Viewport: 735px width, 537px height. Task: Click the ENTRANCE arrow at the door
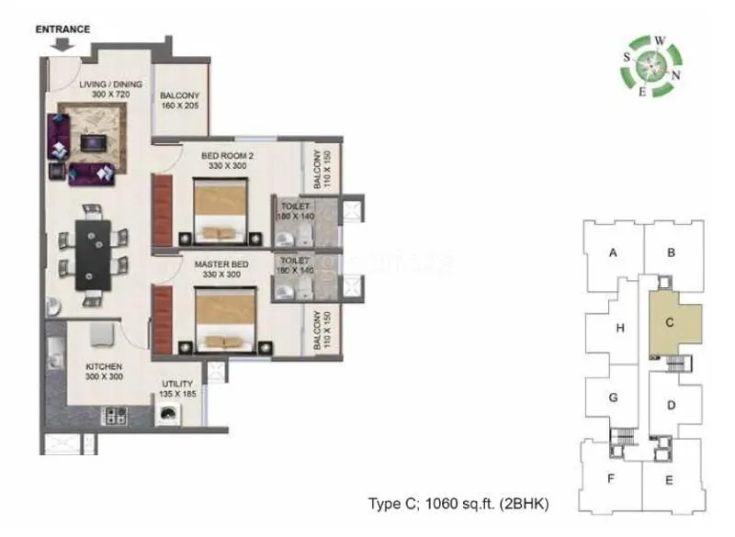(x=62, y=43)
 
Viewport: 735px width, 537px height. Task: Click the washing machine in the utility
(x=168, y=416)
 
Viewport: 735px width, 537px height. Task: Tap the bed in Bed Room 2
(x=220, y=208)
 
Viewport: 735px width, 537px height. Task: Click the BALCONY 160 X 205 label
(x=180, y=100)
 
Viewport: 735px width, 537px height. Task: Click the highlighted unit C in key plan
(x=671, y=323)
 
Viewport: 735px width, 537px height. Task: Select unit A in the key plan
(x=611, y=253)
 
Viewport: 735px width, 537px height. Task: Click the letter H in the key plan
(x=620, y=328)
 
